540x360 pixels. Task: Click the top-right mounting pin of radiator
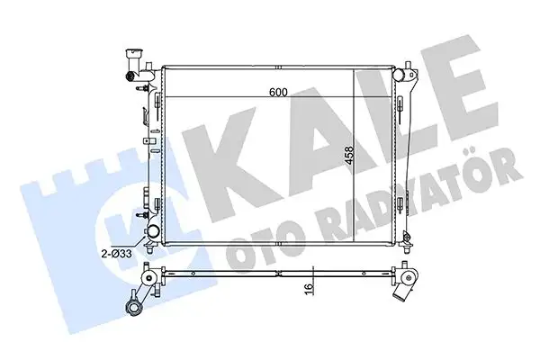(x=409, y=68)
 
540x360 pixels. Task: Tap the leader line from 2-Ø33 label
(x=139, y=246)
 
